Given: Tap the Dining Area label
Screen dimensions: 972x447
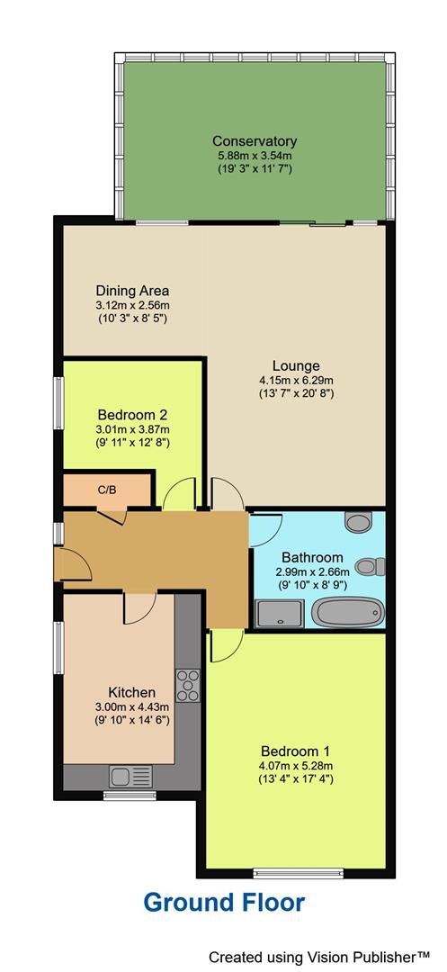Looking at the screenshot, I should pyautogui.click(x=132, y=291).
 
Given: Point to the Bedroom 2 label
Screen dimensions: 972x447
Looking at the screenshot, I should pyautogui.click(x=132, y=415).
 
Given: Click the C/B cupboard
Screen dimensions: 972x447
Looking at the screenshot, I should pyautogui.click(x=107, y=490).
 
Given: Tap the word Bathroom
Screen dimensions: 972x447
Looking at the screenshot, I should pyautogui.click(x=311, y=557).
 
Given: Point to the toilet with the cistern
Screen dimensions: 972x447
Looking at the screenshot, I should pyautogui.click(x=371, y=566).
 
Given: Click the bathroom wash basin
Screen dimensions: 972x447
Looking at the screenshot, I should pyautogui.click(x=358, y=522).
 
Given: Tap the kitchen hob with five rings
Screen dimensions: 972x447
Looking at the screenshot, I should pyautogui.click(x=189, y=686).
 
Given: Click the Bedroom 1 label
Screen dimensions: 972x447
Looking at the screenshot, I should pyautogui.click(x=295, y=751).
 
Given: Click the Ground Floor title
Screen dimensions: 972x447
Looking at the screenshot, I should pyautogui.click(x=224, y=903).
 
